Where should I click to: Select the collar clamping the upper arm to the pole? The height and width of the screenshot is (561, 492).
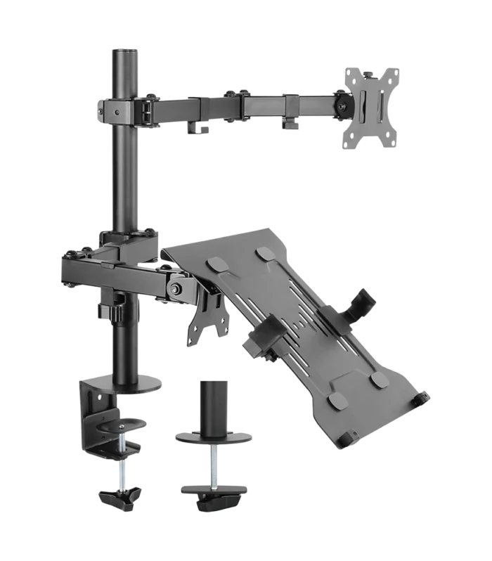click(x=125, y=110)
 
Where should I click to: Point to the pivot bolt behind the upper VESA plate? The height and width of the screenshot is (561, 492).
click(x=343, y=106)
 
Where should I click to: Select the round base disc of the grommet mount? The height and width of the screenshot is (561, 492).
click(x=213, y=437)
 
